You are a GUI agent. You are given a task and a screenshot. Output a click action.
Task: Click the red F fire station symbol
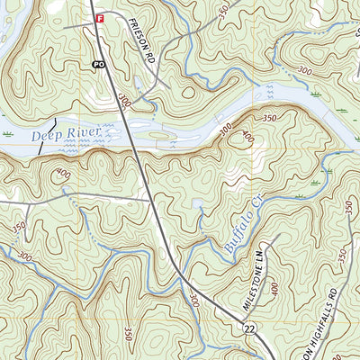tap(100, 17)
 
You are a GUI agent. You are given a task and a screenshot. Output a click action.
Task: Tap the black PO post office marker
tap(97, 64)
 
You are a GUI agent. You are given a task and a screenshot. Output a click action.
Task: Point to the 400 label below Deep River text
tap(63, 173)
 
